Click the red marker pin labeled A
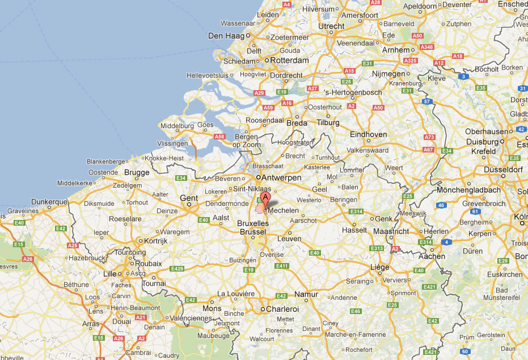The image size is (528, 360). click(264, 200)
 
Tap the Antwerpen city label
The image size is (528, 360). click(281, 177)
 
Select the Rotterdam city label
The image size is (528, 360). click(289, 60)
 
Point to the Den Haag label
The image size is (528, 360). click(225, 36)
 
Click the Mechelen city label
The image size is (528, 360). click(283, 210)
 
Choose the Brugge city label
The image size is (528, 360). click(137, 172)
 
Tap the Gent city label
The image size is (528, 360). click(189, 198)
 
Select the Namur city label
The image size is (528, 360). click(306, 295)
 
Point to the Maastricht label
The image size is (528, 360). click(391, 231)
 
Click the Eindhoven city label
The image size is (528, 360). click(369, 134)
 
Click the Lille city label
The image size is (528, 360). click(109, 274)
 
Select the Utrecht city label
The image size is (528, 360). click(332, 26)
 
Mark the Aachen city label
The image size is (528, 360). click(432, 256)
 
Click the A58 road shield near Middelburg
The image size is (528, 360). click(221, 137)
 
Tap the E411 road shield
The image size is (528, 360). click(282, 265)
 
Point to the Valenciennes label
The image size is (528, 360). click(191, 318)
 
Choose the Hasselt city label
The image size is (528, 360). click(356, 231)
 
